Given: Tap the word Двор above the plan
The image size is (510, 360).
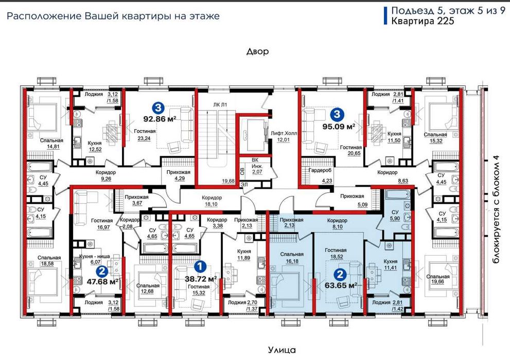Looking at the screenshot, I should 257,52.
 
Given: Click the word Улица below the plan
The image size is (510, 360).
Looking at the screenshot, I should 282,350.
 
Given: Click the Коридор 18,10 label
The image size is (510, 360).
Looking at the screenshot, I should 212,200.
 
